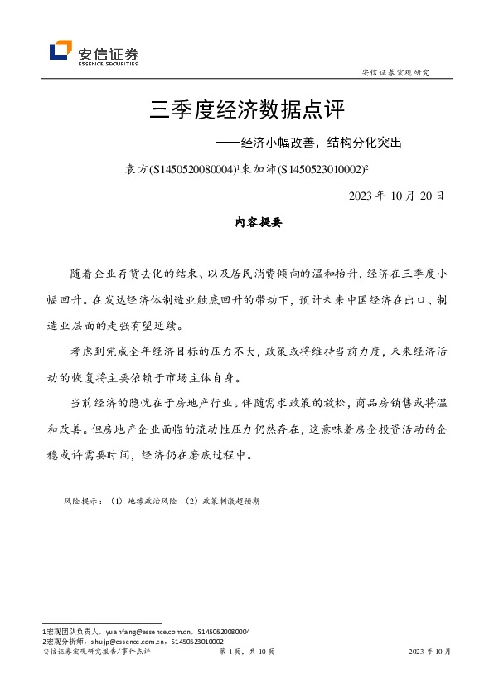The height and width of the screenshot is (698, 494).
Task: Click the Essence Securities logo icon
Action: [x=60, y=51]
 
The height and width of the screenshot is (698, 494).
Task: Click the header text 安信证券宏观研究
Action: [x=396, y=73]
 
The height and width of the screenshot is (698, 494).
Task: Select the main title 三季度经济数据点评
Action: [x=246, y=109]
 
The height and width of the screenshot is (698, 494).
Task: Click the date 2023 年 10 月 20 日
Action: [x=397, y=196]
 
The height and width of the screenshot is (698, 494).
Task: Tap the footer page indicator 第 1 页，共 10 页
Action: [x=246, y=652]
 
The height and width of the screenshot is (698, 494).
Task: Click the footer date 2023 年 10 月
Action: [x=430, y=652]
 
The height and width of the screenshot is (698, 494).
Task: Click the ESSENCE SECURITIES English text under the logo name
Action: [x=108, y=63]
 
